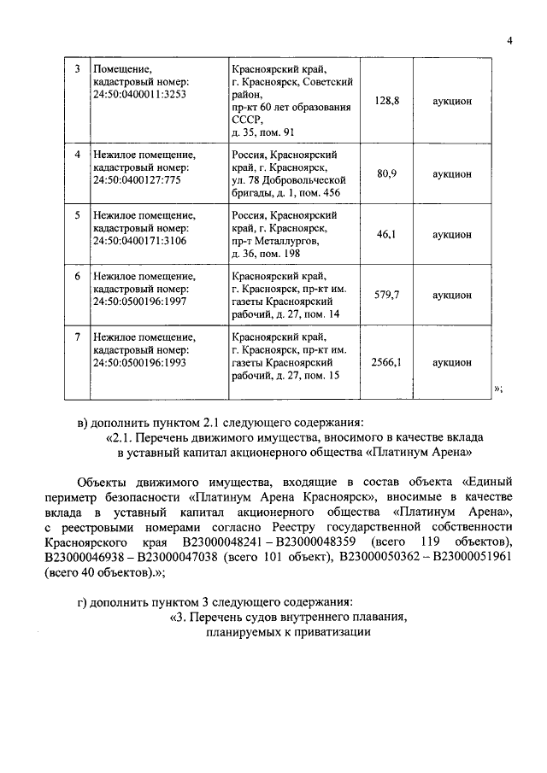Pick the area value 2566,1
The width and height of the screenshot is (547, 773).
387,362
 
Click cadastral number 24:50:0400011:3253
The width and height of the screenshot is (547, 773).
138,93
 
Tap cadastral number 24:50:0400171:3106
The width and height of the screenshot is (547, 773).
138,241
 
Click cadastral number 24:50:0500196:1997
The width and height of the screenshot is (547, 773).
138,302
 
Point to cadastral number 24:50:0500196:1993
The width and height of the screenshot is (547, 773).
138,362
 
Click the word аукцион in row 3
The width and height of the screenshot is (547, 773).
452,100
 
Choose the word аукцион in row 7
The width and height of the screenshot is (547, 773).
452,362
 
